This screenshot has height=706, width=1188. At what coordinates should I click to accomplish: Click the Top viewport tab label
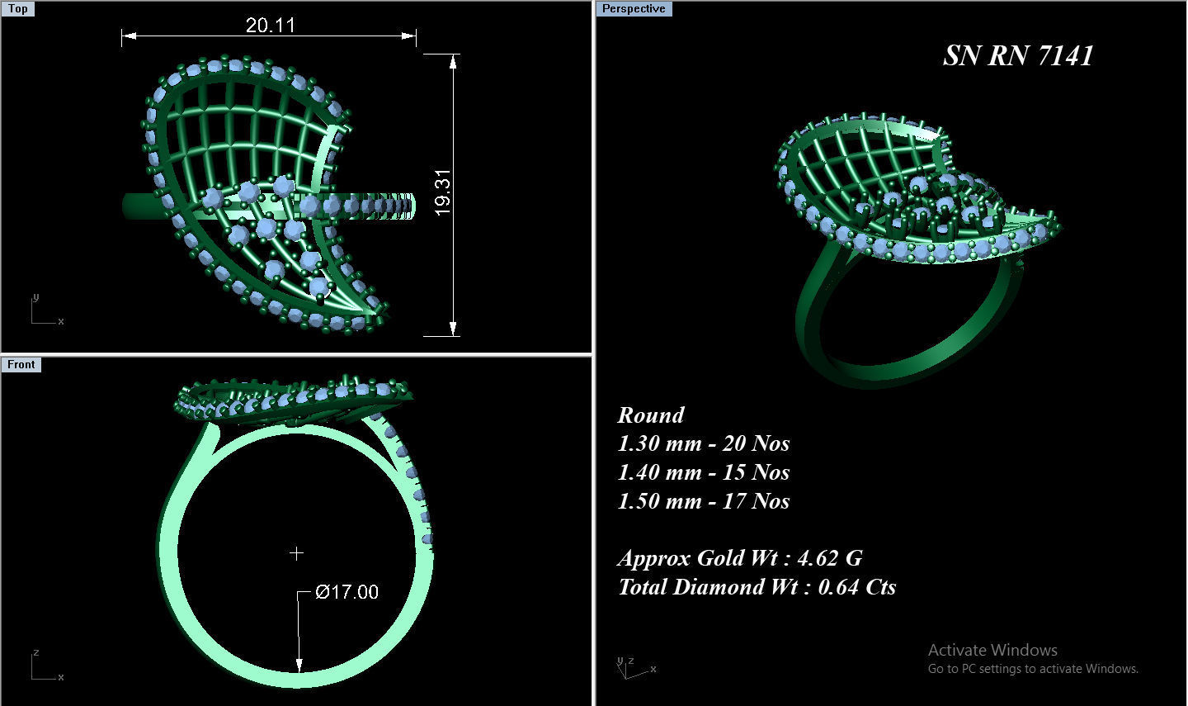point(17,9)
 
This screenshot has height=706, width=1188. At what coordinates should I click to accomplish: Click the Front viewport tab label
point(21,364)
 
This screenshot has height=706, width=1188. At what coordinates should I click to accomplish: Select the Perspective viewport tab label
point(633,9)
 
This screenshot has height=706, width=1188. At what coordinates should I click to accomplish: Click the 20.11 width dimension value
point(270,25)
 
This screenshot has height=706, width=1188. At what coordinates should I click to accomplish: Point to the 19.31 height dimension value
point(443,193)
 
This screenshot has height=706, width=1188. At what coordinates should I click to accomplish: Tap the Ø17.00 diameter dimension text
point(347,592)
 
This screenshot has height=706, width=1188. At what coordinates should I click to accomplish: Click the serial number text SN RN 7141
point(1017,55)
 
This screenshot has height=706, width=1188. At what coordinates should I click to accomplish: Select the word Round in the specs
point(651,415)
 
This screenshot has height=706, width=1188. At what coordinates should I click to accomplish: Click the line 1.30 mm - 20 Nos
point(703,443)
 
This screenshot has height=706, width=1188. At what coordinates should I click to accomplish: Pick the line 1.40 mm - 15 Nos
point(703,472)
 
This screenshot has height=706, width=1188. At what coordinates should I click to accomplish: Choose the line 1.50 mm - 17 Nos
point(703,501)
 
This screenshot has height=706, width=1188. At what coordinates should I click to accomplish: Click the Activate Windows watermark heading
point(992,650)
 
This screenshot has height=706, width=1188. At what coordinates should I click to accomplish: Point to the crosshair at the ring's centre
point(296,553)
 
